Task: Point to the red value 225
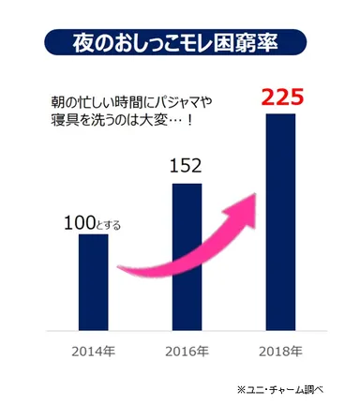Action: pyautogui.click(x=282, y=96)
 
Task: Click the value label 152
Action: pyautogui.click(x=187, y=167)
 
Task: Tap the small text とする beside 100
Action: pyautogui.click(x=111, y=225)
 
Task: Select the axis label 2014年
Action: pyautogui.click(x=93, y=352)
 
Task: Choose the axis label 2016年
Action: pyautogui.click(x=187, y=352)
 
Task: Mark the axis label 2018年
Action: pyautogui.click(x=281, y=352)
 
